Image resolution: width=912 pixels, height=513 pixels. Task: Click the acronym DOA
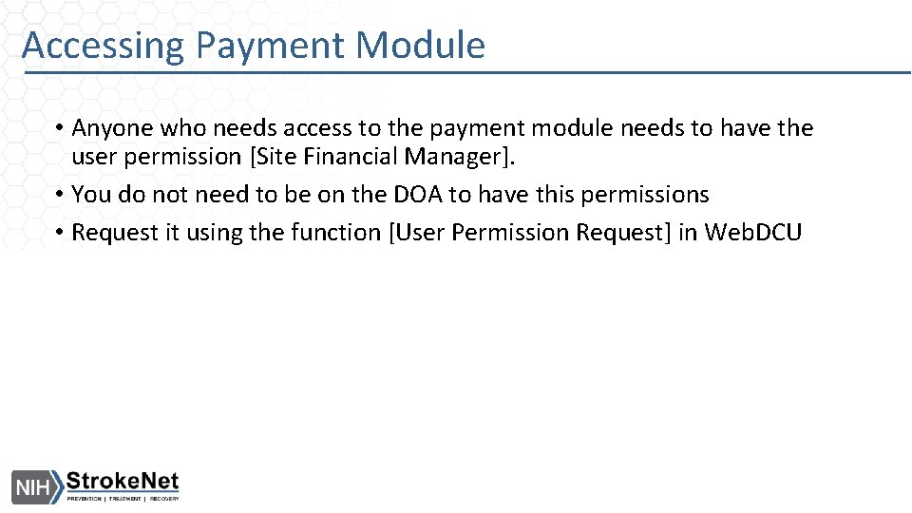pyautogui.click(x=409, y=195)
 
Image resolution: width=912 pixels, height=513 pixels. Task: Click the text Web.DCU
pyautogui.click(x=753, y=233)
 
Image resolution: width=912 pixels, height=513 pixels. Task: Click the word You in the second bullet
pyautogui.click(x=91, y=195)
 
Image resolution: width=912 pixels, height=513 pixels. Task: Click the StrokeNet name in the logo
pyautogui.click(x=123, y=482)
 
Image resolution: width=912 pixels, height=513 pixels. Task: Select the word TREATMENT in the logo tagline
pyautogui.click(x=125, y=499)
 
